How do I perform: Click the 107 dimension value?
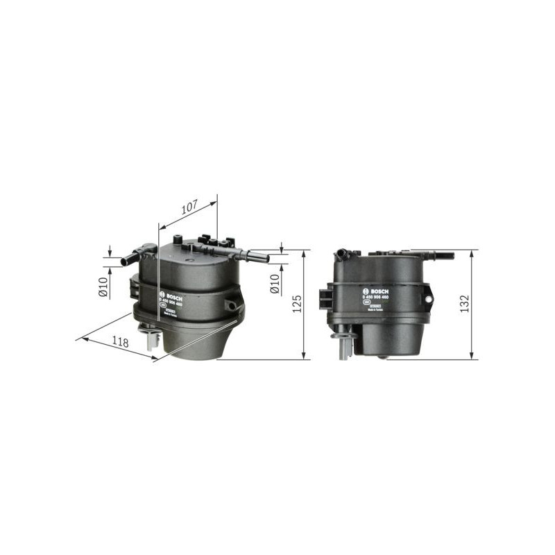tap(189, 206)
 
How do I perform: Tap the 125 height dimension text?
tap(298, 304)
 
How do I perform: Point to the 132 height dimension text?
tap(466, 304)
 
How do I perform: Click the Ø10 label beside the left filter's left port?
tap(103, 287)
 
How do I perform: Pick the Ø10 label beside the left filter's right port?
tap(275, 283)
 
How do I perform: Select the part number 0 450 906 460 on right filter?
tap(375, 296)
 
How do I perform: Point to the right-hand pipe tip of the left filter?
tap(266, 258)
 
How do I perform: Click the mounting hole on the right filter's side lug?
tap(428, 300)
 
